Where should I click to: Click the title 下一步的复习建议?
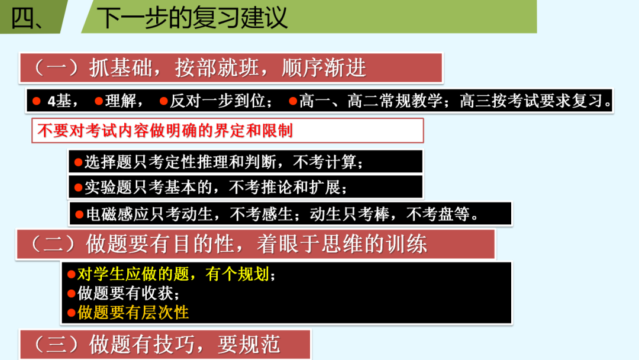(192, 17)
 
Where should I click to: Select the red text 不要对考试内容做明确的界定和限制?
(165, 130)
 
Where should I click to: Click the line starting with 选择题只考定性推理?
(219, 162)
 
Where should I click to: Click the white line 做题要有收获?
(128, 293)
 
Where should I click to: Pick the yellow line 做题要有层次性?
(133, 312)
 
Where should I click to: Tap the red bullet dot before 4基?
(37, 101)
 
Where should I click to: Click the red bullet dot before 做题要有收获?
(72, 293)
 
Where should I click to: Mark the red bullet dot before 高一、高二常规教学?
(292, 101)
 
